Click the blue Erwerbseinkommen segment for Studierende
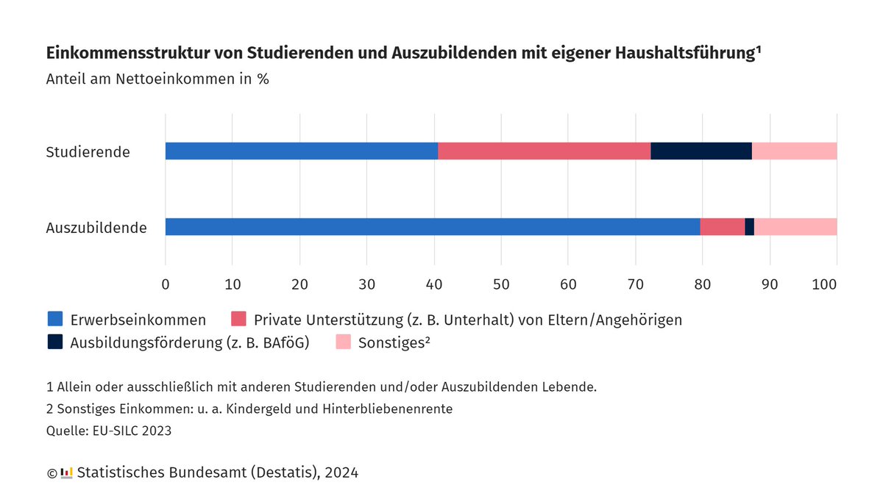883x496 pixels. tap(302, 151)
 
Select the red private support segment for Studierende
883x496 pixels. tap(545, 151)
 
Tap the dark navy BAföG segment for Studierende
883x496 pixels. tap(701, 151)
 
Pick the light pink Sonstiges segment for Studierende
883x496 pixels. tap(794, 151)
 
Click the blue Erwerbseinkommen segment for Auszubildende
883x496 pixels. tap(433, 227)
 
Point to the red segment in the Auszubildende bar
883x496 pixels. tap(722, 227)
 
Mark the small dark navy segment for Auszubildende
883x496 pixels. tap(749, 227)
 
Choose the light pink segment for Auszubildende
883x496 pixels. tap(795, 227)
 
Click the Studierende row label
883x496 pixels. tap(88, 153)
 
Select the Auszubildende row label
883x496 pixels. tap(96, 228)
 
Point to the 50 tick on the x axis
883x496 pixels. tap(501, 284)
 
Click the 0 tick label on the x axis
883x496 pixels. tap(166, 284)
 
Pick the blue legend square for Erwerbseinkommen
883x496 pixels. tap(55, 319)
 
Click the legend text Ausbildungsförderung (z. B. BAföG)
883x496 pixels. tap(190, 342)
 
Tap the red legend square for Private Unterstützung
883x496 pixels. tap(238, 319)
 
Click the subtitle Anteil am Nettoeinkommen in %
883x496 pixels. tap(157, 79)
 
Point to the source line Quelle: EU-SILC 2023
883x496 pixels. tap(108, 431)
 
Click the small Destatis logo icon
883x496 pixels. tap(66, 472)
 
